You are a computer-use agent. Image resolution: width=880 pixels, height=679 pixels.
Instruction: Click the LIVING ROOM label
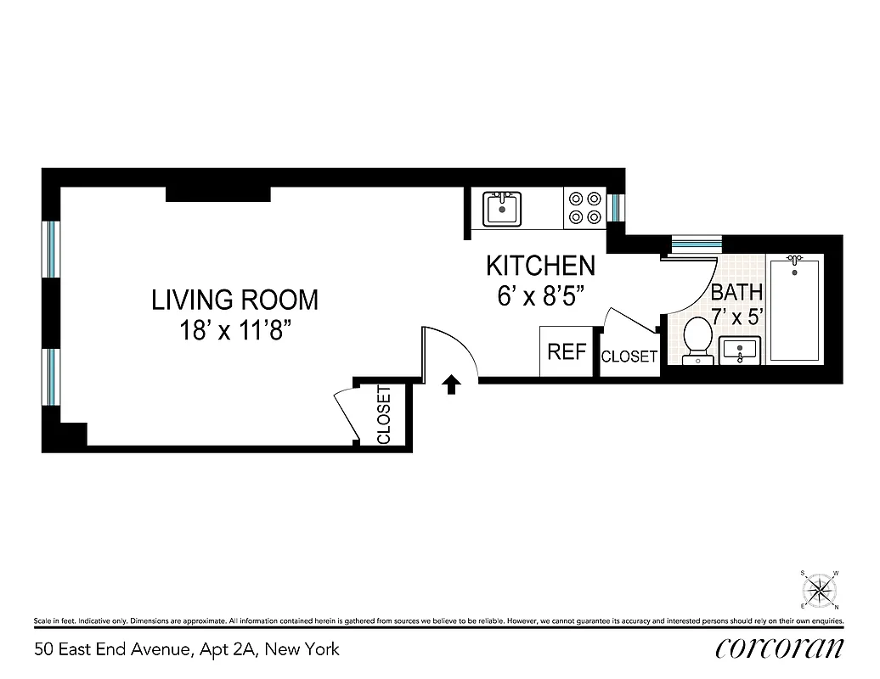tap(234, 300)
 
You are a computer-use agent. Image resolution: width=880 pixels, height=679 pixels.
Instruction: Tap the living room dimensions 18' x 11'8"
tap(234, 330)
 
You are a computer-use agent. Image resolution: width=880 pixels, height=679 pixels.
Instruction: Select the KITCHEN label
tap(540, 266)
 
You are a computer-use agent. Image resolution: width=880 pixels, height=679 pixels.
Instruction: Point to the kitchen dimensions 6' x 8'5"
tap(540, 296)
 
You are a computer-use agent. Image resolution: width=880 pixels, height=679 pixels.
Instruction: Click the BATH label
tap(736, 293)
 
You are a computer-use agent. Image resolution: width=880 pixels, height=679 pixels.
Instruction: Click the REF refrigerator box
tap(567, 351)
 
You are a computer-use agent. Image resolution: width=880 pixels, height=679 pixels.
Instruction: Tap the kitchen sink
tap(502, 208)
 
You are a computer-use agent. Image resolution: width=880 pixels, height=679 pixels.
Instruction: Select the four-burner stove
tap(584, 208)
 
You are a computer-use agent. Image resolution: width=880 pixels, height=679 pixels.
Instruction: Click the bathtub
tap(795, 309)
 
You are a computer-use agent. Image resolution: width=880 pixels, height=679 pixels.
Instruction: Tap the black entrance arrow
tap(452, 386)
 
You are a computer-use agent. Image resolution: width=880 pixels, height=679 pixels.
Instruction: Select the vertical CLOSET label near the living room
tap(383, 415)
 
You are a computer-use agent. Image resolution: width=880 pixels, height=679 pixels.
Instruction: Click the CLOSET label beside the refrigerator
tap(629, 357)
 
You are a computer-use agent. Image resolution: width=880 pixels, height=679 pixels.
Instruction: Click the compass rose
tap(820, 589)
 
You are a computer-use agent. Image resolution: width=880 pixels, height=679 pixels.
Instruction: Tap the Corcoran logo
tap(779, 648)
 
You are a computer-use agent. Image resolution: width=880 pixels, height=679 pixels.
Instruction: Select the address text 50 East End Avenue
tap(187, 649)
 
